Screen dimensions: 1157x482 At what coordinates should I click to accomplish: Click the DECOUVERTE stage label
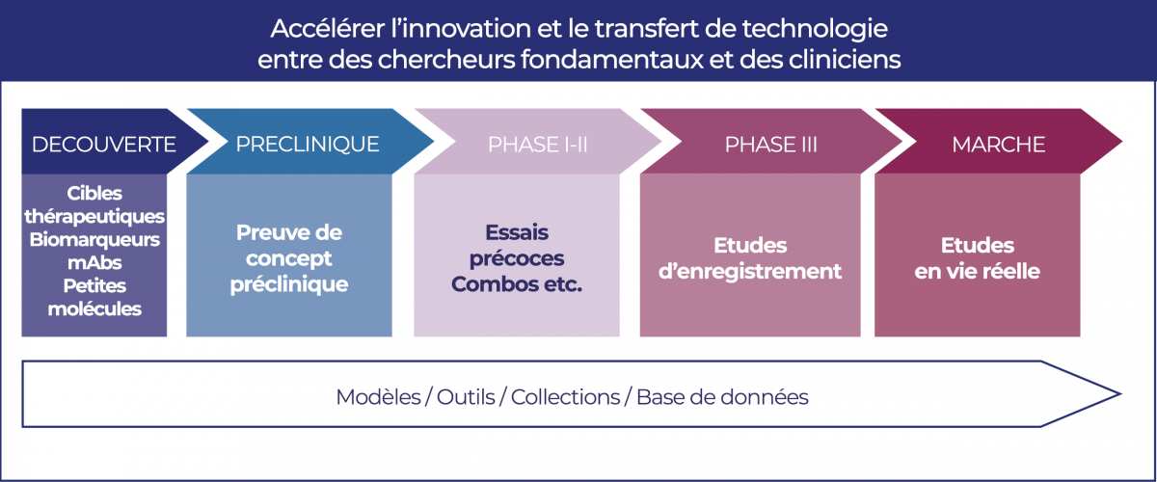104,145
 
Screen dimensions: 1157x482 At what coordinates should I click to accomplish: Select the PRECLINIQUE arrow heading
308,145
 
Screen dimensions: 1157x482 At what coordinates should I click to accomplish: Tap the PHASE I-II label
538,145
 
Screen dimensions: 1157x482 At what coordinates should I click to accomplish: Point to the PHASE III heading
770,145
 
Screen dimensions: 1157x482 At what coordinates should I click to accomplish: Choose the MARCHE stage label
999,145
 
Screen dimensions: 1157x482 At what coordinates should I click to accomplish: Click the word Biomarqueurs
94,240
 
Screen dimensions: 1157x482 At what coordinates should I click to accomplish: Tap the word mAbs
94,262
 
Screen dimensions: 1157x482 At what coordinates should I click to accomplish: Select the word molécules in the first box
94,308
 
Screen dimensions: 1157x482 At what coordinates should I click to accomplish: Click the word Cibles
94,193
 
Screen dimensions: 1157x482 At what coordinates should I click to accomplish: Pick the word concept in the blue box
288,258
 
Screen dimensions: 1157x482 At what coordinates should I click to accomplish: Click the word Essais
517,232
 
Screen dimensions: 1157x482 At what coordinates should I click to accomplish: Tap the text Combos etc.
517,284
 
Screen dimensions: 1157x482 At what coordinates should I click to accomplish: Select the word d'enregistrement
750,272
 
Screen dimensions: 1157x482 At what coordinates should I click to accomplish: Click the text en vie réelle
978,272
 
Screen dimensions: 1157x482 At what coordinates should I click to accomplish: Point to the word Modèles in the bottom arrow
379,397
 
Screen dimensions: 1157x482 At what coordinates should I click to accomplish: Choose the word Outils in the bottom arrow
466,397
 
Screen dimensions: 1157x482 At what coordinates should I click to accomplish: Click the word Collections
566,397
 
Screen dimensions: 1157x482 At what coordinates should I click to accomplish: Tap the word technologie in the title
815,29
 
